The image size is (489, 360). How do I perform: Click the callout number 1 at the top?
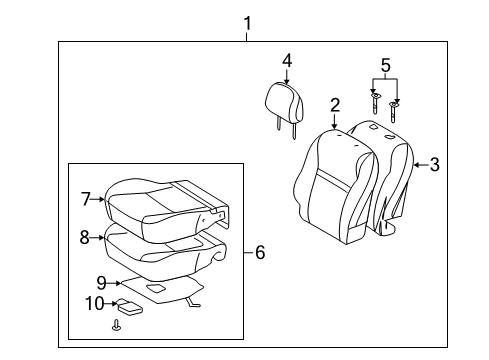(x=247, y=24)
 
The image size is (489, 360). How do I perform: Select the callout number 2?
(x=335, y=105)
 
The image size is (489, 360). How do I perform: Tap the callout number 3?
(x=434, y=165)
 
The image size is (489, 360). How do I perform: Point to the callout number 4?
(x=287, y=61)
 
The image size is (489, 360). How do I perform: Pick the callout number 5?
(x=385, y=65)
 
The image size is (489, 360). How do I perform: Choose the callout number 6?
(x=260, y=252)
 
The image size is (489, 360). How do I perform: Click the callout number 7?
(x=86, y=199)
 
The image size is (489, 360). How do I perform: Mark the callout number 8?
(x=85, y=237)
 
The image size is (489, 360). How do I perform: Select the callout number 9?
(x=101, y=283)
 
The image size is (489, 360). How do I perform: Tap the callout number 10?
(x=95, y=304)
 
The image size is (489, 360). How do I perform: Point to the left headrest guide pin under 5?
(x=375, y=103)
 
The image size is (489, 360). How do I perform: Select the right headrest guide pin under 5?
(x=393, y=112)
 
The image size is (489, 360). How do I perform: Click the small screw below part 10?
(x=116, y=325)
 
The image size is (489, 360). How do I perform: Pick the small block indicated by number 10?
(x=129, y=306)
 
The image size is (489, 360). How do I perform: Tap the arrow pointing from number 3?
(x=421, y=165)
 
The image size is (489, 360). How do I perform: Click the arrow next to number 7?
(x=98, y=199)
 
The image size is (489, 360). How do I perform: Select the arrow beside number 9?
(x=114, y=283)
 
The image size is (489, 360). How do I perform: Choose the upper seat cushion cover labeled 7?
(x=166, y=209)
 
